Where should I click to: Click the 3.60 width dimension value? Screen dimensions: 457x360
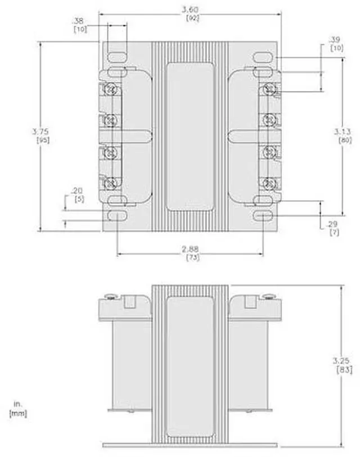point(190,10)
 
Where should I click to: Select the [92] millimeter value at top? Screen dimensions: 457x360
point(190,17)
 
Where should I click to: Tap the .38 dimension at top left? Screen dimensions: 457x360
point(79,21)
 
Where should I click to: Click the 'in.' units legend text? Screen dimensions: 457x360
point(16,404)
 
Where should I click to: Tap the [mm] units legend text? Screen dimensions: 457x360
point(18,413)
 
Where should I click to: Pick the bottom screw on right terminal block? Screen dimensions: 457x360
point(269,183)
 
